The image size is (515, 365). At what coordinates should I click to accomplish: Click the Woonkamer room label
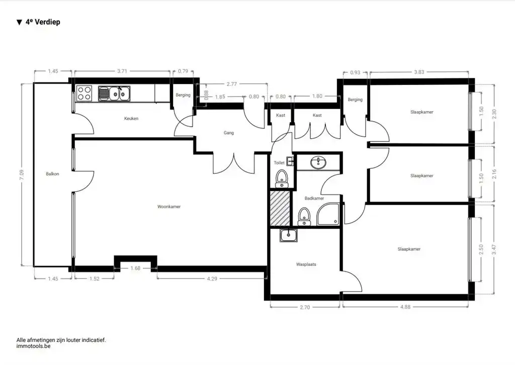click(x=168, y=207)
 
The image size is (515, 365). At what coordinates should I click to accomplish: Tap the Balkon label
click(x=52, y=174)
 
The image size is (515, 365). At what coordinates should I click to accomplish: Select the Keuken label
click(x=131, y=119)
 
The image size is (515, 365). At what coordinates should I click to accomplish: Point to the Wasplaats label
click(x=306, y=264)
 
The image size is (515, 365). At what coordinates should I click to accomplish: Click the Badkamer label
click(x=314, y=199)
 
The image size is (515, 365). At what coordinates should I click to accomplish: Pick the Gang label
click(x=229, y=133)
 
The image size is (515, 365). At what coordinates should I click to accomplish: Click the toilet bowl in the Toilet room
click(x=282, y=177)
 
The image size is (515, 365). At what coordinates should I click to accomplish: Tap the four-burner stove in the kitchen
click(x=84, y=94)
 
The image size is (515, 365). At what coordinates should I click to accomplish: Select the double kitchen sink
click(x=115, y=93)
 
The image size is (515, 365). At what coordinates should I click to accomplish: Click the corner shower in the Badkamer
click(x=329, y=215)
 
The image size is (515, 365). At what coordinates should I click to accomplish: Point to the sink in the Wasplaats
click(x=289, y=235)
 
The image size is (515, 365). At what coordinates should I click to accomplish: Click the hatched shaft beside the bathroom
click(x=280, y=208)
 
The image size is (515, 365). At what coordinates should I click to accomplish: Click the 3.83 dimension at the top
click(x=419, y=72)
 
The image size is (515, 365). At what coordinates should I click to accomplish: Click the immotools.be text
click(x=33, y=346)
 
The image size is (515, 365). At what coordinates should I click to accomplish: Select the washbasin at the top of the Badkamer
click(x=317, y=162)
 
